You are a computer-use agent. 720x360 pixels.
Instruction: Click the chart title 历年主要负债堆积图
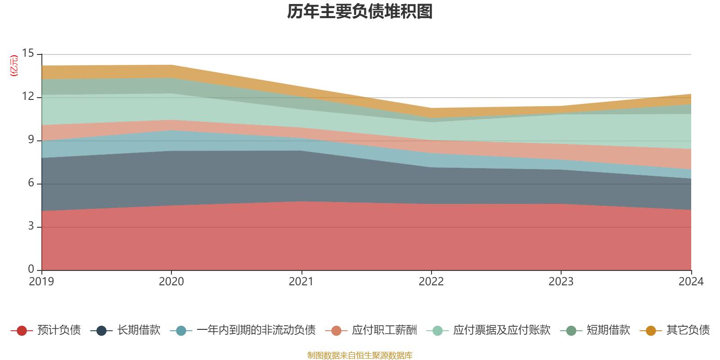[360, 12]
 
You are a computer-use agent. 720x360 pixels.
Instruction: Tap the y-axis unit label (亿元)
[14, 66]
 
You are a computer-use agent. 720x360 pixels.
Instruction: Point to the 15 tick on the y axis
[28, 54]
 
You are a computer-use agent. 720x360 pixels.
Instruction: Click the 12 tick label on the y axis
[28, 97]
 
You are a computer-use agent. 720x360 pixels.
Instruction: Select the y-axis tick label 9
[31, 140]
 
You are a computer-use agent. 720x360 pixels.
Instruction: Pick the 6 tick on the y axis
[31, 183]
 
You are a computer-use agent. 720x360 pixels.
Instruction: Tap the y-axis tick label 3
[31, 226]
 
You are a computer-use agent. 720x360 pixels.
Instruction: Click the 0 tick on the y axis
[31, 269]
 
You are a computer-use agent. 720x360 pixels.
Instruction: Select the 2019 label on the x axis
[41, 282]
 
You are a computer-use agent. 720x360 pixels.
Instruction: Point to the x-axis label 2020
[171, 282]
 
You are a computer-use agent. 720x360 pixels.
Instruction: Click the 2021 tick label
[301, 282]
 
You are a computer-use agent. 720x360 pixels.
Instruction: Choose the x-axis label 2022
[431, 282]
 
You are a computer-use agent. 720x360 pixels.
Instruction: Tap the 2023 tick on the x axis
[561, 282]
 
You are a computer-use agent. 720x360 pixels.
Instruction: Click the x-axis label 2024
[691, 282]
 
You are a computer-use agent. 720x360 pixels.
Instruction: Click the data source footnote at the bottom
[360, 355]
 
